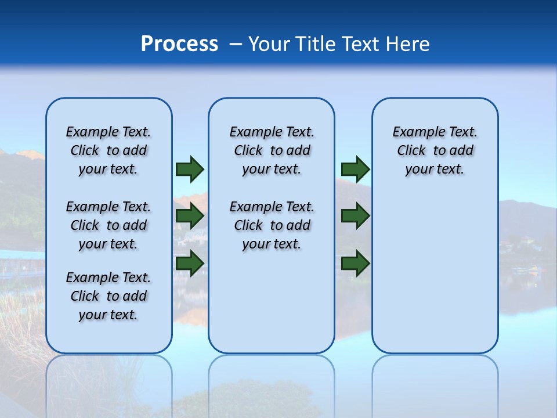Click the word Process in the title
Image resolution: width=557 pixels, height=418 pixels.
click(x=179, y=44)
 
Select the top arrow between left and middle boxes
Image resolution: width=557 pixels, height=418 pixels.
click(x=190, y=170)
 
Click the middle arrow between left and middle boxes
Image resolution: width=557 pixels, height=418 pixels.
click(x=190, y=217)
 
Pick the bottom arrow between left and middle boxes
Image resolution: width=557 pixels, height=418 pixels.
click(x=190, y=264)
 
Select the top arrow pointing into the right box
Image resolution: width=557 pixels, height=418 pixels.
click(x=355, y=170)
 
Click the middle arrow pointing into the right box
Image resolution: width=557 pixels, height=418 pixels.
click(x=355, y=217)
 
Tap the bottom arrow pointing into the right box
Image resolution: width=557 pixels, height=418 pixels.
click(x=355, y=264)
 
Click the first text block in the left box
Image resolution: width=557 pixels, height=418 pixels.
click(x=108, y=150)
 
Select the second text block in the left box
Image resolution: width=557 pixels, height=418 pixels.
click(x=108, y=225)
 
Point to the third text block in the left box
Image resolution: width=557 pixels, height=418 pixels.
click(x=108, y=296)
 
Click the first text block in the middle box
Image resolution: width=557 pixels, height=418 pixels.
click(x=272, y=150)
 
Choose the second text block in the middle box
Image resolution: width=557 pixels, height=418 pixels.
click(x=272, y=225)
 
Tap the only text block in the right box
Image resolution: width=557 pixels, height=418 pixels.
click(x=435, y=150)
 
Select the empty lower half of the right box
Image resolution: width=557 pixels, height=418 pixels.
click(x=435, y=279)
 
